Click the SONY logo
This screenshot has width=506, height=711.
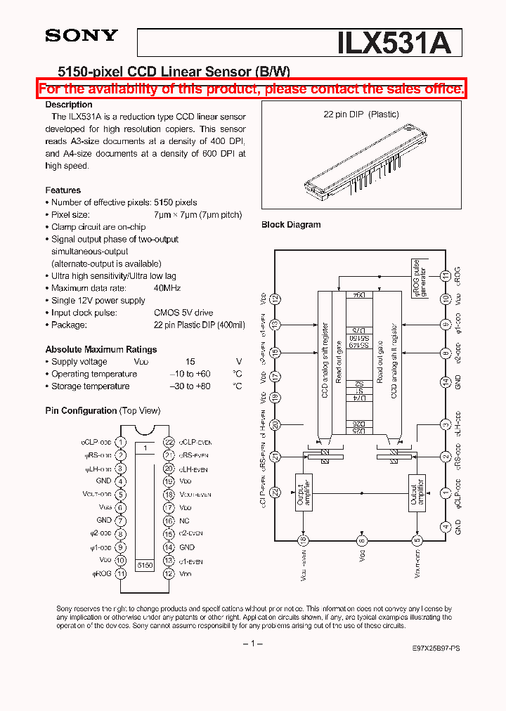pyautogui.click(x=82, y=36)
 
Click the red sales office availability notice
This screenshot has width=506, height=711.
pyautogui.click(x=252, y=89)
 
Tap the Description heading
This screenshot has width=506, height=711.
pyautogui.click(x=69, y=105)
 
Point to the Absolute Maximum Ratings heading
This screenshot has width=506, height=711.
pyautogui.click(x=101, y=349)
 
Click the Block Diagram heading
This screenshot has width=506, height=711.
pyautogui.click(x=291, y=225)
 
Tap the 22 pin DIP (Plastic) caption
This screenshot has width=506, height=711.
pyautogui.click(x=361, y=115)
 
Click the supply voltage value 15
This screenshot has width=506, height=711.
pyautogui.click(x=190, y=362)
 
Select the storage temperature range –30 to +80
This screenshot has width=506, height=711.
pyautogui.click(x=190, y=386)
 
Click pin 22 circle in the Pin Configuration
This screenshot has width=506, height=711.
pyautogui.click(x=169, y=442)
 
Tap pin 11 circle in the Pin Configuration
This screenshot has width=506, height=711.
pyautogui.click(x=121, y=573)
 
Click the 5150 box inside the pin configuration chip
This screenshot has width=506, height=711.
pyautogui.click(x=145, y=564)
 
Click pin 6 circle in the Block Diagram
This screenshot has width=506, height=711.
pyautogui.click(x=362, y=540)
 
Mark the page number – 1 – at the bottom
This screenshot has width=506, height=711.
pyautogui.click(x=252, y=644)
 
